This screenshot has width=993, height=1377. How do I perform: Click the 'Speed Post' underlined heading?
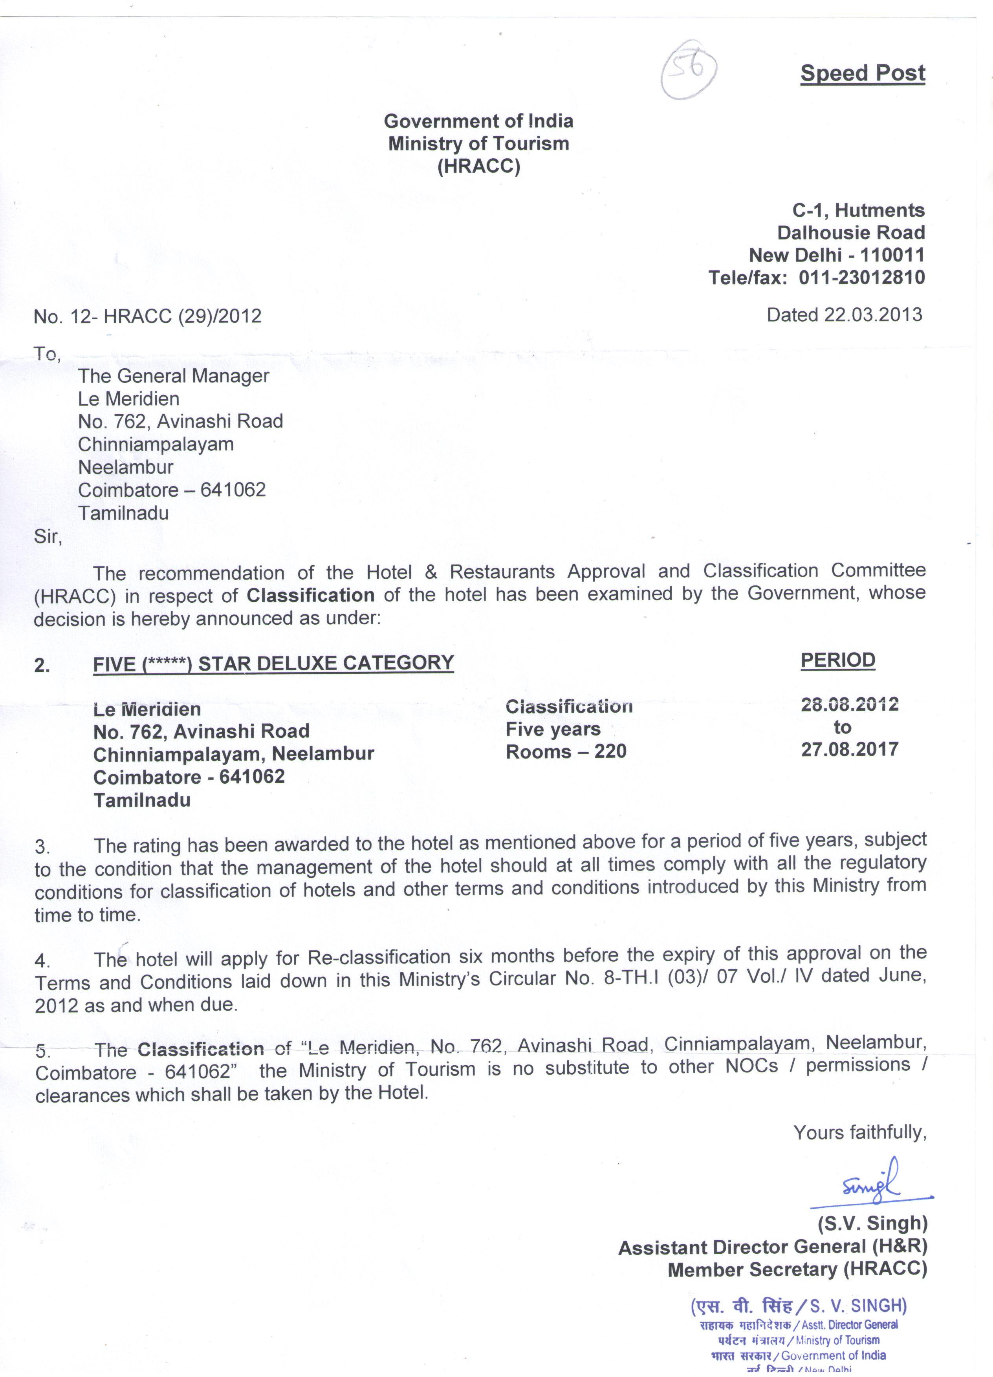click(x=863, y=73)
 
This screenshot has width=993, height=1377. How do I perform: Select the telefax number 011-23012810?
click(x=861, y=278)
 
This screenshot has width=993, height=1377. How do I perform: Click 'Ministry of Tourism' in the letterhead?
click(x=478, y=144)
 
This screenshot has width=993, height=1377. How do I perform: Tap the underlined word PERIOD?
click(x=837, y=660)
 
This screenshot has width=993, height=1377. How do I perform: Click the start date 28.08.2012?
click(x=849, y=704)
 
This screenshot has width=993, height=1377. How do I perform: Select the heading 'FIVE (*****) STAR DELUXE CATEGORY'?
click(x=273, y=663)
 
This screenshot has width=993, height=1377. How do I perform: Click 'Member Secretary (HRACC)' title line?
click(x=797, y=1269)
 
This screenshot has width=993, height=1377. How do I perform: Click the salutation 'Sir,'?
click(x=48, y=537)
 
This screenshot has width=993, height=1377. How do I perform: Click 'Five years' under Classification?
click(x=553, y=729)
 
